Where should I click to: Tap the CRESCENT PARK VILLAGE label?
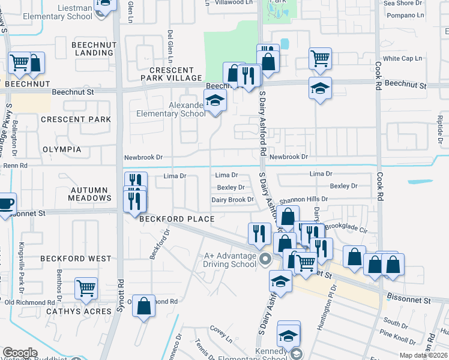(171, 74)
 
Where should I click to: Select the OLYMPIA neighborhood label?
(62, 149)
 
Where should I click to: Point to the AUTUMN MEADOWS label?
(90, 193)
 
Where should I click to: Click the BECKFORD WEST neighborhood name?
(76, 259)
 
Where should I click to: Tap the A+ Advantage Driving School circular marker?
(266, 260)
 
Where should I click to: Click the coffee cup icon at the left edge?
(6, 203)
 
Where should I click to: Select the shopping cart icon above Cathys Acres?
(86, 289)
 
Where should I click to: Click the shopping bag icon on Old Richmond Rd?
(144, 306)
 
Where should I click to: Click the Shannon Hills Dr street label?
(303, 199)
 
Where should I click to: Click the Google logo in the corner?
(20, 352)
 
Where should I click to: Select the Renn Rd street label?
(16, 165)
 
